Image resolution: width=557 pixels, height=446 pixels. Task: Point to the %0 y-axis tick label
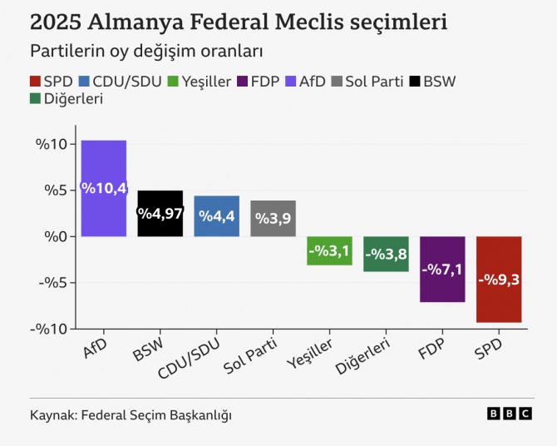pyautogui.click(x=52, y=237)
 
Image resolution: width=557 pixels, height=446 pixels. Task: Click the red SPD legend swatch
pyautogui.click(x=35, y=82)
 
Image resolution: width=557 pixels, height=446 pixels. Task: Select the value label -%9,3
pyautogui.click(x=499, y=280)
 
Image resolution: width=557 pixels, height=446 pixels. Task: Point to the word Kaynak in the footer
pyautogui.click(x=52, y=414)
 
